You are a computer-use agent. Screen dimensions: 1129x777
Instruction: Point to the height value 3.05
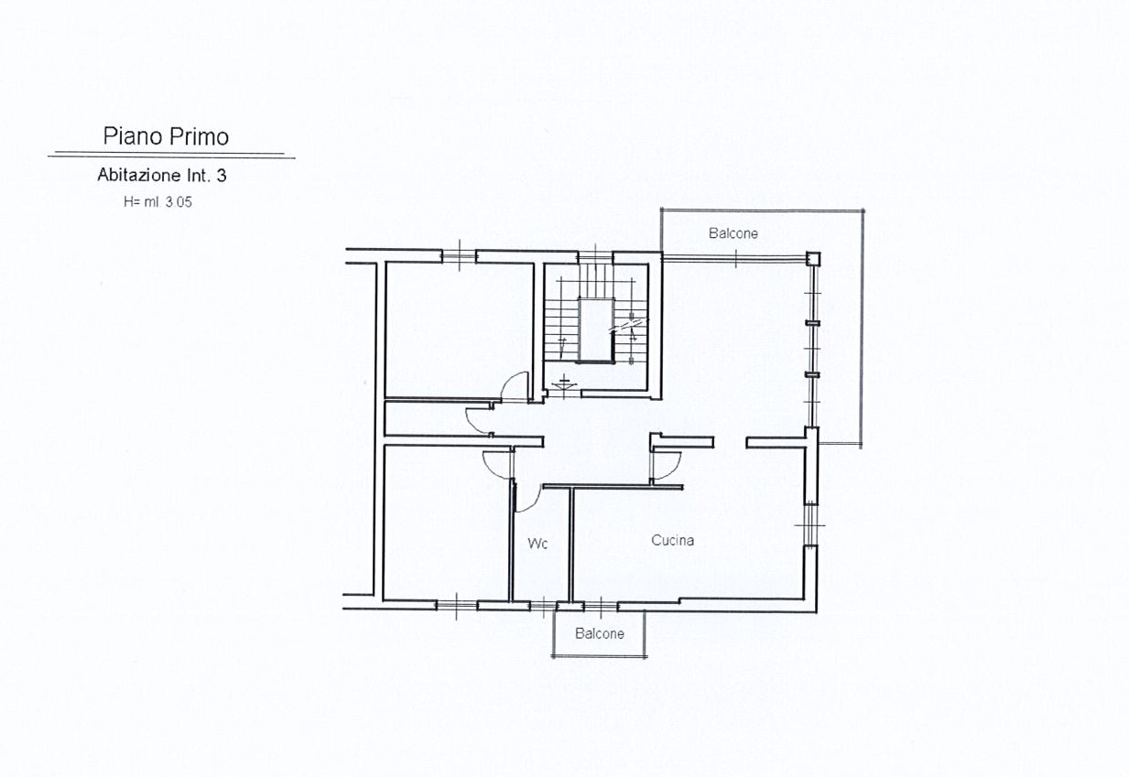pos(179,202)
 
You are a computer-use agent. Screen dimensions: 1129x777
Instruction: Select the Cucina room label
pos(672,540)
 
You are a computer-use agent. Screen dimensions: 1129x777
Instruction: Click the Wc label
pos(537,544)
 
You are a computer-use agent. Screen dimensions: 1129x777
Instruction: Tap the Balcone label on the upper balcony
pos(733,233)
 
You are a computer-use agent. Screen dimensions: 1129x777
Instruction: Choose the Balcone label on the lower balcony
pos(600,633)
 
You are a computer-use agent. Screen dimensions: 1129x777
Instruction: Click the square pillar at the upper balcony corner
pos(812,259)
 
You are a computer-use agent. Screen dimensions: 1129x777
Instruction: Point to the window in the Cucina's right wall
pos(810,525)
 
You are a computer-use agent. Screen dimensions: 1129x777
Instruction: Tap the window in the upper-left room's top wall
pos(459,256)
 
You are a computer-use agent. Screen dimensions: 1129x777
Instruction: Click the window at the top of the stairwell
pos(595,257)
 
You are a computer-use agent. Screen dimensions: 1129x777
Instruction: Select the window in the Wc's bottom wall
pos(543,606)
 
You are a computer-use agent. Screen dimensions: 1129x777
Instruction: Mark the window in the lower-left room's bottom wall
pos(457,606)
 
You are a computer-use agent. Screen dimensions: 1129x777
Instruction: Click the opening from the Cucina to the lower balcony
pos(602,606)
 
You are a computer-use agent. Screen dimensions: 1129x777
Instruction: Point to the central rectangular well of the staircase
pos(596,330)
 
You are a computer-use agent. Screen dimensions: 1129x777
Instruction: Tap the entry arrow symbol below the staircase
pos(564,383)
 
